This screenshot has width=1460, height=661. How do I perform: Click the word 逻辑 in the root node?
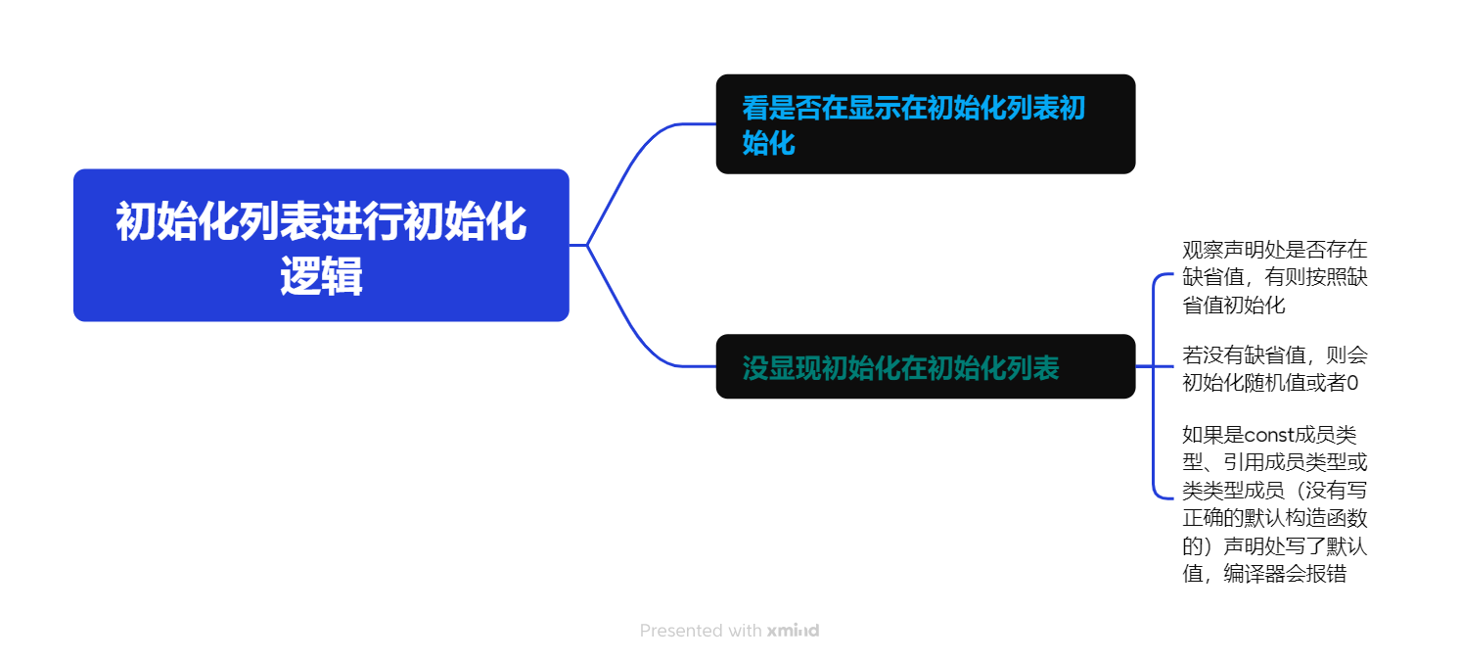tap(321, 278)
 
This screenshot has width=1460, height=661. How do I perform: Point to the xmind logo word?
tap(793, 631)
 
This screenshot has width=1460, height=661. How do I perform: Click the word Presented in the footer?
tap(682, 631)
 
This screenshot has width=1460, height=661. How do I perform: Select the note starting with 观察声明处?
tap(1274, 277)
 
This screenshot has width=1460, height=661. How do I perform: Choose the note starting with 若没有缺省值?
tap(1274, 368)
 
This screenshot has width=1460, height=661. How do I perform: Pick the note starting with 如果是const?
tap(1274, 503)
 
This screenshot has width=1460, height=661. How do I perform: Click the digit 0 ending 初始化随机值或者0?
tap(1352, 382)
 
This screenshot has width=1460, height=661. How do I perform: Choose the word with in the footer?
tap(745, 631)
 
